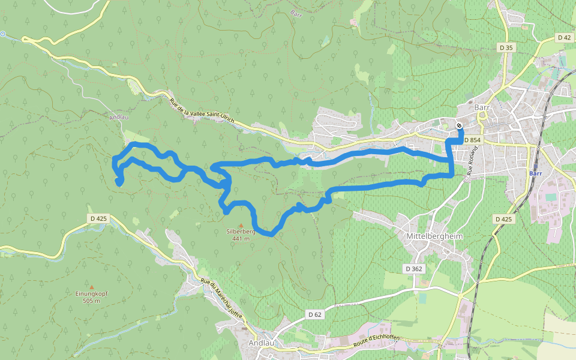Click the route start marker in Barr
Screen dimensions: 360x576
[459, 125]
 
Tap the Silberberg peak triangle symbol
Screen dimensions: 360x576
[241, 225]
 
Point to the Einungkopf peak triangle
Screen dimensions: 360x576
[91, 287]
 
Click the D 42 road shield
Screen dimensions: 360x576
[564, 37]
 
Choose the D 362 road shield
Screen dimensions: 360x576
[415, 269]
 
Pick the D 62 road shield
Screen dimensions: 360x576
[316, 314]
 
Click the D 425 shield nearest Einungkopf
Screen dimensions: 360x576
[98, 219]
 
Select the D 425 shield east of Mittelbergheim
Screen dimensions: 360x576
[505, 219]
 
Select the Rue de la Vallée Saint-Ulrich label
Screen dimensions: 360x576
[201, 110]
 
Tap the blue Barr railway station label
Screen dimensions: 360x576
[536, 173]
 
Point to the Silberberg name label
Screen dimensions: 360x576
[241, 231]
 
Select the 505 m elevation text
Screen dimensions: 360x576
[92, 301]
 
